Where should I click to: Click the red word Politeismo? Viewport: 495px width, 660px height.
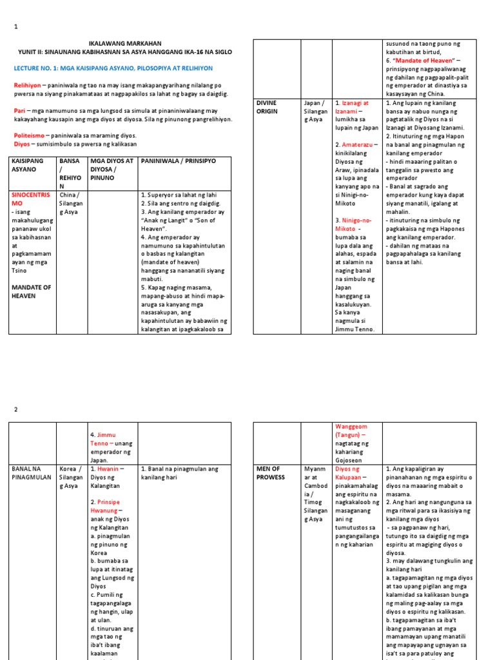[x=29, y=135]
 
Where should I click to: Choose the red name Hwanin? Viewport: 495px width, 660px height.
[x=107, y=469]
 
